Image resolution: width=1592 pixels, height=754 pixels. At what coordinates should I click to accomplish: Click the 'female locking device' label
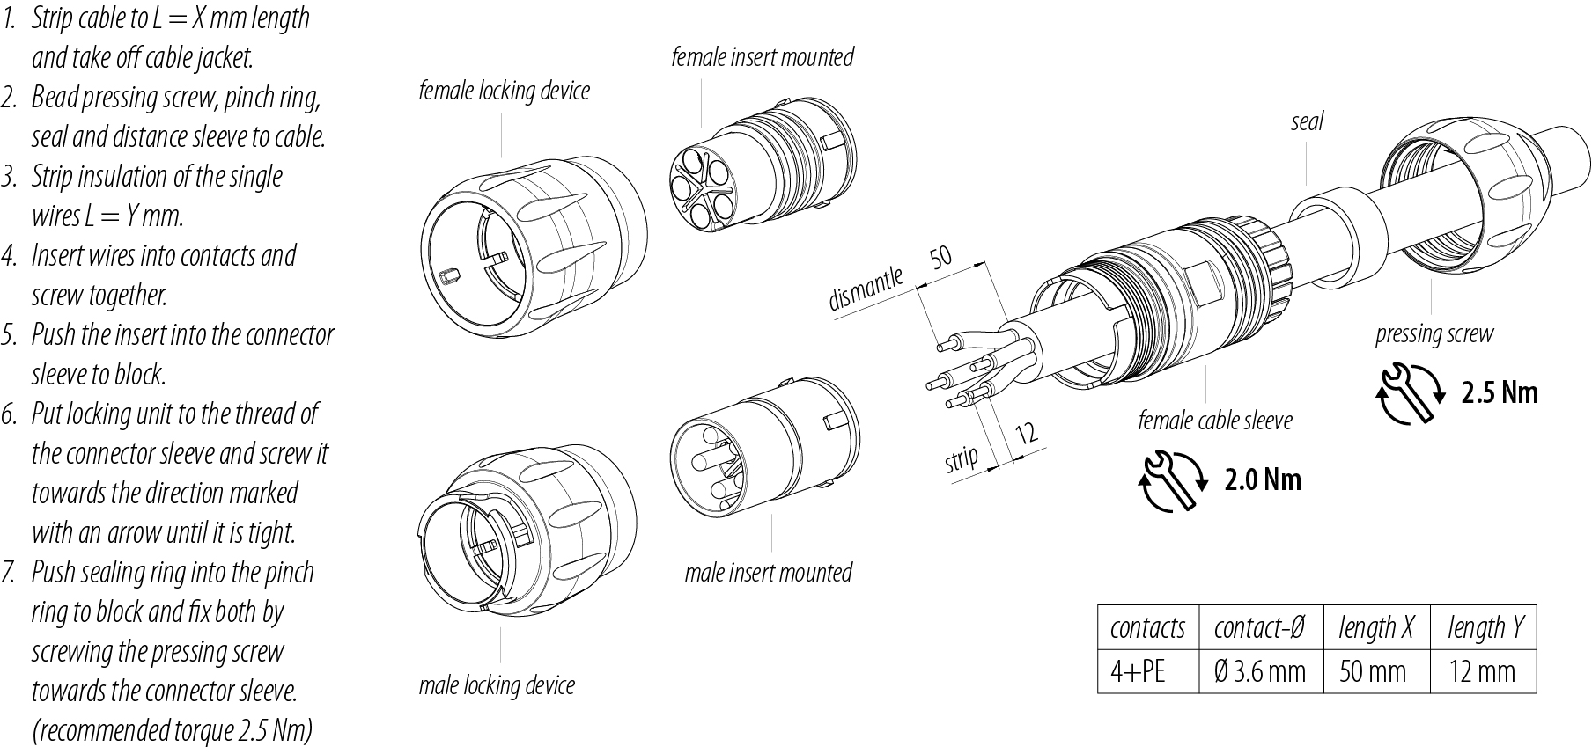click(504, 92)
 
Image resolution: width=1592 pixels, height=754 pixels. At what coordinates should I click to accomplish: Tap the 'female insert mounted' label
click(762, 58)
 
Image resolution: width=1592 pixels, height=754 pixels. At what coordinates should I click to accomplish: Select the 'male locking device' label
click(497, 686)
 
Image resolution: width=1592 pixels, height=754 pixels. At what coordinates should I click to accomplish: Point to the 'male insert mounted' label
click(768, 574)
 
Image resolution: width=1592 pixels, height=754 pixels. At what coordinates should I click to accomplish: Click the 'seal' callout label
click(1307, 122)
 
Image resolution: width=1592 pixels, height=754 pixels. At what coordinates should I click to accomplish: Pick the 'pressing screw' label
click(1434, 335)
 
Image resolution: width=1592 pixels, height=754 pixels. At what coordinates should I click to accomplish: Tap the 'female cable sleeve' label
click(1214, 421)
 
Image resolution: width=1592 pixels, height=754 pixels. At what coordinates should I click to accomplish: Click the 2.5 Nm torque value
click(1499, 392)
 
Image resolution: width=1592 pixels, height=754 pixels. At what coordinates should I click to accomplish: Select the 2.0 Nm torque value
click(1262, 479)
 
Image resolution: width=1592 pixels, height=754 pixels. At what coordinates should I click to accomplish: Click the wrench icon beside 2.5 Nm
click(1408, 392)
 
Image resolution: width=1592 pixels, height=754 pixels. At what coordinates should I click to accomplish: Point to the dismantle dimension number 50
click(940, 257)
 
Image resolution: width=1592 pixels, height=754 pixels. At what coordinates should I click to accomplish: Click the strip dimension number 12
click(1027, 433)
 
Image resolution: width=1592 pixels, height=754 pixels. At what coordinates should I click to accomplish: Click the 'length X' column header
click(1375, 628)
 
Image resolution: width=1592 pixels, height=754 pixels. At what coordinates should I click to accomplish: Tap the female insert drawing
click(755, 180)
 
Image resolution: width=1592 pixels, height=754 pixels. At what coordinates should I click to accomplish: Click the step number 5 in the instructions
click(10, 335)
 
